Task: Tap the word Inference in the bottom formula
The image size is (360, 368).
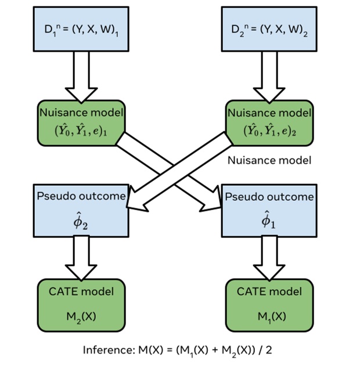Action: tap(106, 350)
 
